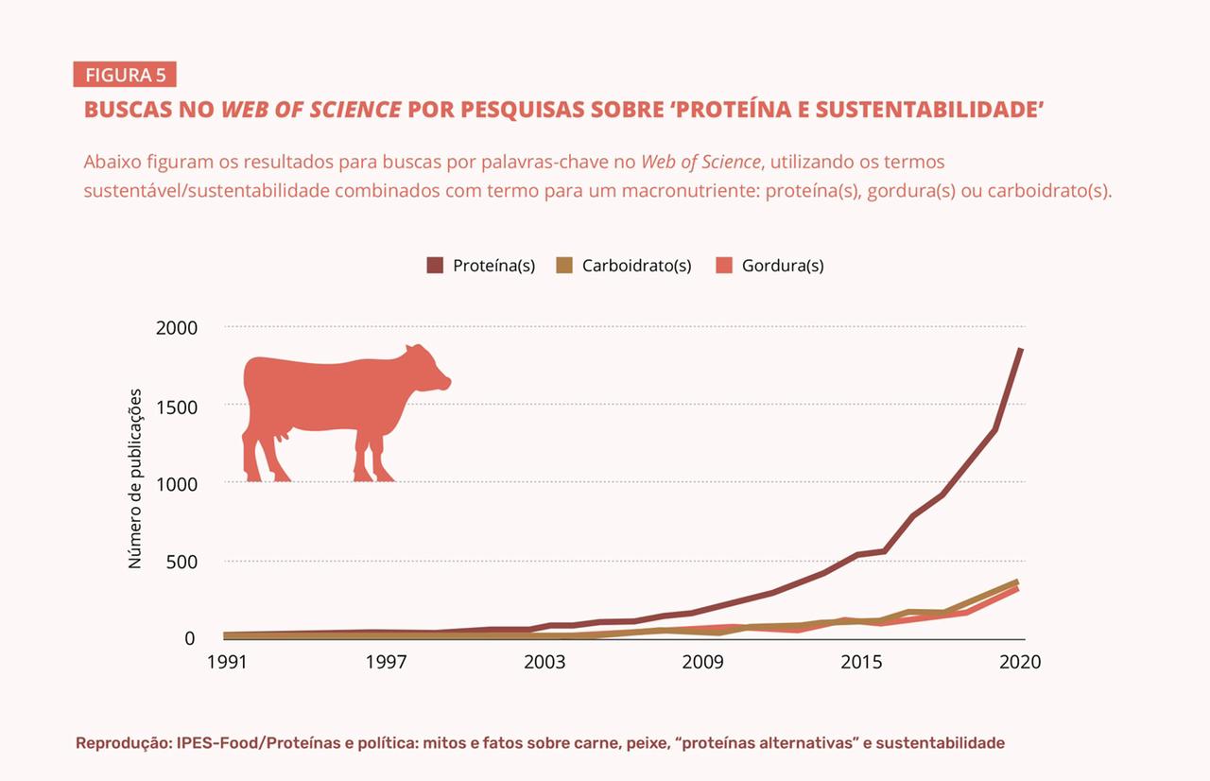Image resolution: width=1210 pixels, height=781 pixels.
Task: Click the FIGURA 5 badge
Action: tap(125, 75)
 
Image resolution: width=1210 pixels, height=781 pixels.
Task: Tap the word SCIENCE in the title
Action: tap(355, 110)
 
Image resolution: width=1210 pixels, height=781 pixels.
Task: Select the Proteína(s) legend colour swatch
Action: tap(435, 266)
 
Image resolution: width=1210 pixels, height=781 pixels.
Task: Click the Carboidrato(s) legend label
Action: tap(636, 266)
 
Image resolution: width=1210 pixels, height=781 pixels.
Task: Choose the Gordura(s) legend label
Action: tap(783, 266)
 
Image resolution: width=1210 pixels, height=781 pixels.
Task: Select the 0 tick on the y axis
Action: tap(189, 638)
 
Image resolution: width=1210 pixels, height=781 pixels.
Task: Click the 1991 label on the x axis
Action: tap(227, 662)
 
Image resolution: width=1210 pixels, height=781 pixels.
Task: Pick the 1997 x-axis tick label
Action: tap(386, 662)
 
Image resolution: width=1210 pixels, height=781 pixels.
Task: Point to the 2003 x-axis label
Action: tap(544, 662)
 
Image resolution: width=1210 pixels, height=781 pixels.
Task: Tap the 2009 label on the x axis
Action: tap(703, 662)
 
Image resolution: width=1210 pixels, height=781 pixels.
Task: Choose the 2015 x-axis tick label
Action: tap(862, 662)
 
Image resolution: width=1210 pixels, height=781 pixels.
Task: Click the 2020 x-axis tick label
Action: tap(1020, 662)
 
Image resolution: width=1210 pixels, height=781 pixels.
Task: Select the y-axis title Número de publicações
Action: tap(135, 478)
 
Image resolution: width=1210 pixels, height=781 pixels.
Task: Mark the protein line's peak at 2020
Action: tap(1021, 350)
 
